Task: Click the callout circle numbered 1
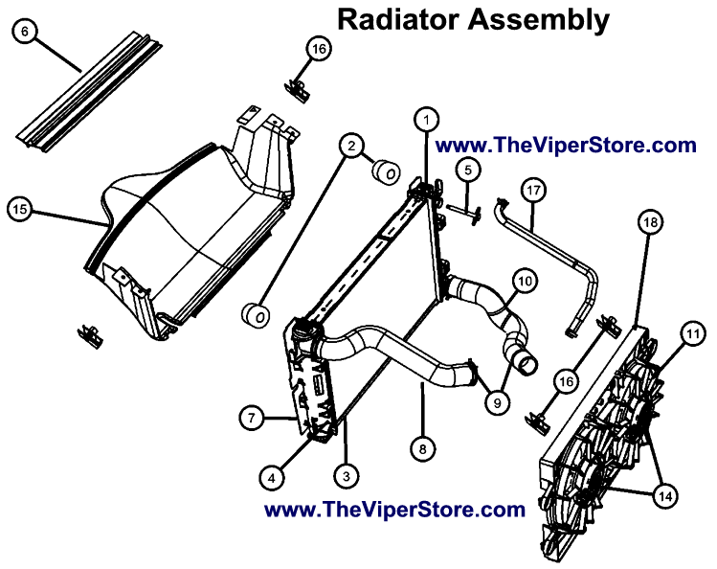tap(426, 119)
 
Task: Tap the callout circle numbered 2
tap(352, 146)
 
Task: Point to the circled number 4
tap(273, 476)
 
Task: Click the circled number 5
tap(467, 171)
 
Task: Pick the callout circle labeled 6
tap(26, 30)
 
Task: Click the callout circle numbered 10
tap(524, 281)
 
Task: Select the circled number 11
tap(691, 334)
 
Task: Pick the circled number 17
tap(533, 191)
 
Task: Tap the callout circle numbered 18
tap(650, 222)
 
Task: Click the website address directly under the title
tap(565, 146)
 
